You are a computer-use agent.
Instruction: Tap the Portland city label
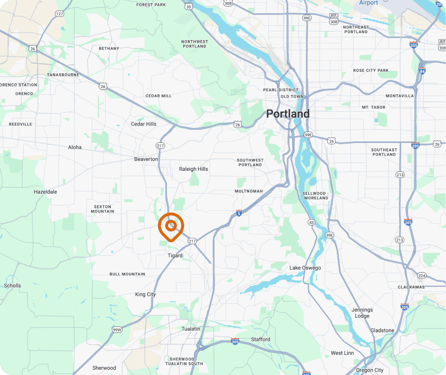click(x=288, y=114)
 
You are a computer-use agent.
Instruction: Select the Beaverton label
click(x=146, y=159)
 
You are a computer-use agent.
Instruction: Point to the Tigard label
click(x=175, y=256)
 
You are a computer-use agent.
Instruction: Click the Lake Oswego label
click(x=305, y=268)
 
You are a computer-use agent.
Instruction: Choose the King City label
click(x=145, y=294)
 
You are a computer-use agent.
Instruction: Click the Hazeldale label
click(x=45, y=192)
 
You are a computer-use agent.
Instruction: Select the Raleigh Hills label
click(x=194, y=169)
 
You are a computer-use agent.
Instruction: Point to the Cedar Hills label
click(x=144, y=124)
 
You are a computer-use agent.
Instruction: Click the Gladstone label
click(x=382, y=331)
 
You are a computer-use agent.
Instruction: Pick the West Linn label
click(x=343, y=353)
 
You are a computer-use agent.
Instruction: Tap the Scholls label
click(x=13, y=286)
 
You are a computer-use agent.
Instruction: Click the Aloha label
click(x=75, y=148)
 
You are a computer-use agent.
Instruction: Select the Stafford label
click(x=260, y=340)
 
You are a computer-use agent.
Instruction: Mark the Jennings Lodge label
click(x=362, y=313)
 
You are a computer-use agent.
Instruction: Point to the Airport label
click(x=368, y=3)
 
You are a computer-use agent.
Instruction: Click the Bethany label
click(x=109, y=49)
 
